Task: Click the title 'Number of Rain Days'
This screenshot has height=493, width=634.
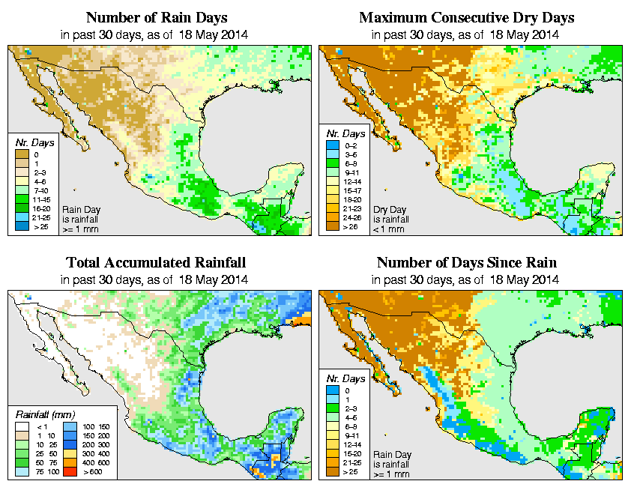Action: pyautogui.click(x=154, y=17)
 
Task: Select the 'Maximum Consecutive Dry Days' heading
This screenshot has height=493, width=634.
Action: pyautogui.click(x=467, y=17)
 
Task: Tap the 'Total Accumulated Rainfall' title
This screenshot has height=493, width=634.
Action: pyautogui.click(x=155, y=263)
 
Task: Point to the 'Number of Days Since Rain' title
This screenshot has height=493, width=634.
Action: pyautogui.click(x=467, y=263)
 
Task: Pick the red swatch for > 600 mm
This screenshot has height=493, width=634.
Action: pyautogui.click(x=70, y=474)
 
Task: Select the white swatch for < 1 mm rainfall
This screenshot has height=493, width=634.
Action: pyautogui.click(x=22, y=426)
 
